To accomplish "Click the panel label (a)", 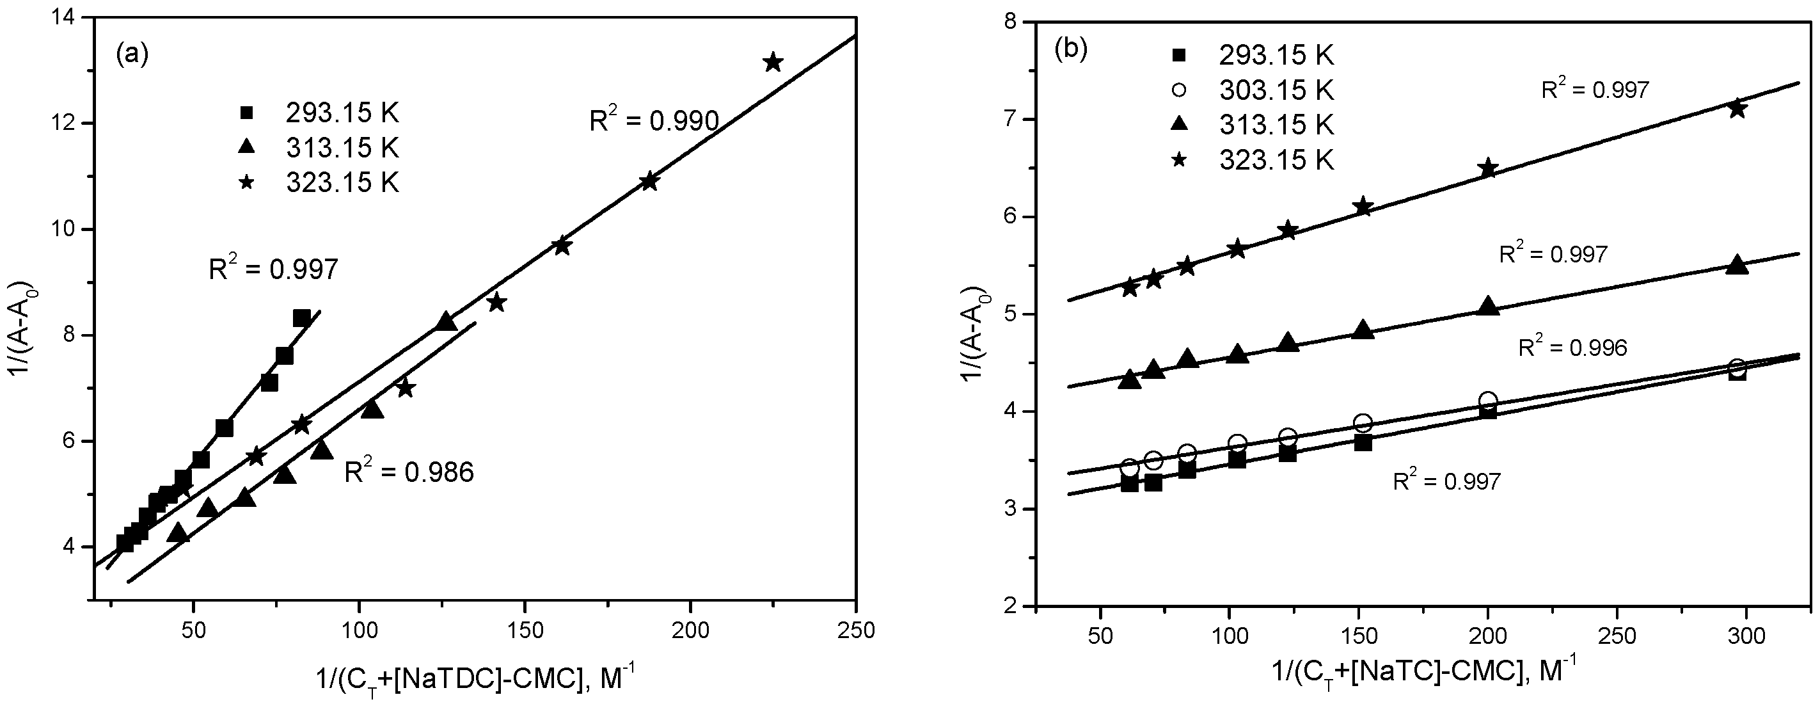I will (x=132, y=54).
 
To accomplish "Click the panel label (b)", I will (x=1070, y=49).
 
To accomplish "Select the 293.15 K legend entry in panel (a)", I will (x=343, y=113).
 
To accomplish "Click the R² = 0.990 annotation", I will (x=654, y=121).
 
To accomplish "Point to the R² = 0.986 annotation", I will (x=409, y=472).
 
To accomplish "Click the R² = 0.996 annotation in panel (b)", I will (x=1572, y=347).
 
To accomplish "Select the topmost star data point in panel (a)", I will (x=773, y=62).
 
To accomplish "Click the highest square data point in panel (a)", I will (x=302, y=319).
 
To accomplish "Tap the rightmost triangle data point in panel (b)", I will (x=1737, y=265).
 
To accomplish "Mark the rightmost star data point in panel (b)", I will (x=1737, y=109).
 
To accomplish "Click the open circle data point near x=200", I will (x=1488, y=400).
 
